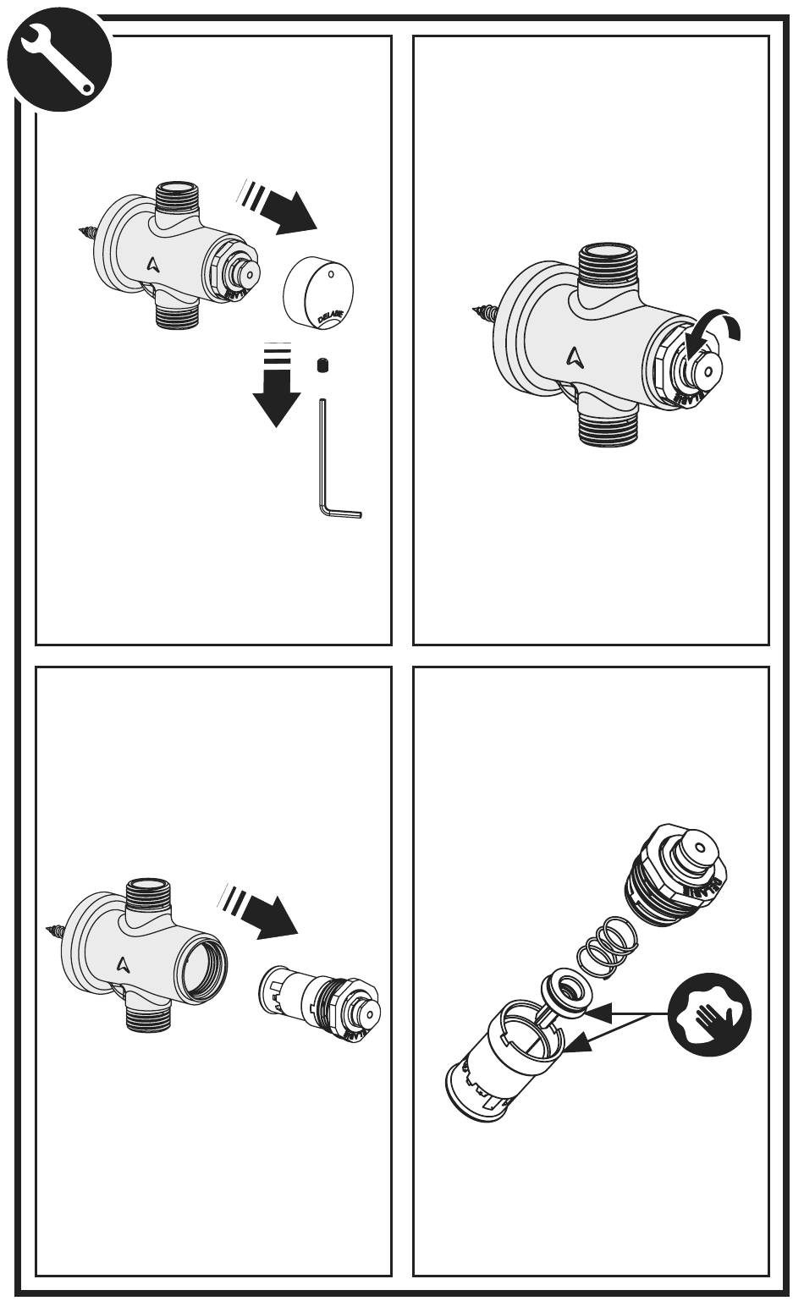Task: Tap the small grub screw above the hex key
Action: tap(322, 365)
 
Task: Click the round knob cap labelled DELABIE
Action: tap(319, 291)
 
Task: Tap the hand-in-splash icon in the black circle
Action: tap(710, 1013)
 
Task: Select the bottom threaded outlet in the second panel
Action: tap(605, 428)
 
